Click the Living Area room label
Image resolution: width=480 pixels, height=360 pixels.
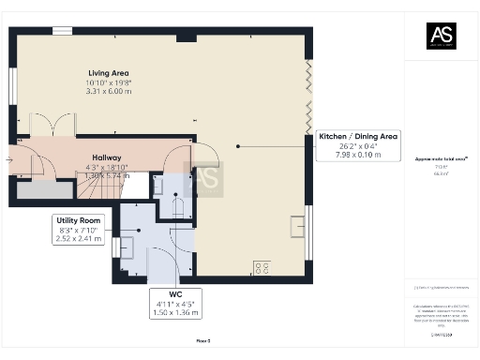click(x=108, y=72)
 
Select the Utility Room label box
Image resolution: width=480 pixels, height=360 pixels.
click(x=81, y=230)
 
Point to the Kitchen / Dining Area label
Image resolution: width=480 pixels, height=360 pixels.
click(x=358, y=137)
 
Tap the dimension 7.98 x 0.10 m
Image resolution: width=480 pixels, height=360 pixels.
click(x=358, y=155)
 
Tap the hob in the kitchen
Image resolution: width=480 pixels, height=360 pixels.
click(x=260, y=269)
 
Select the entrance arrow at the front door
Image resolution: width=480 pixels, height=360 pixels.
click(x=9, y=160)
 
